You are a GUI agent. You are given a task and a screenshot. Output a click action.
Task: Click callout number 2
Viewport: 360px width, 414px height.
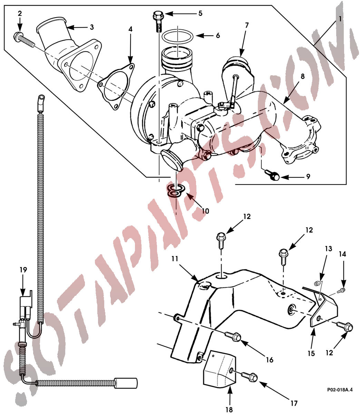click(20, 14)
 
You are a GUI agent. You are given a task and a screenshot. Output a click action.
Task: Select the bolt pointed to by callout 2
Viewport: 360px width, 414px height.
click(24, 40)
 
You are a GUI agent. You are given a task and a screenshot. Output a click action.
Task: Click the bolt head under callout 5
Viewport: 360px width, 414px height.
click(157, 16)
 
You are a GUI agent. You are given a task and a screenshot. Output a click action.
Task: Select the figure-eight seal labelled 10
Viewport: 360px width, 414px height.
click(175, 191)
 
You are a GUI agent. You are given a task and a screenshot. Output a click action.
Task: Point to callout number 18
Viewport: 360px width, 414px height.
click(228, 409)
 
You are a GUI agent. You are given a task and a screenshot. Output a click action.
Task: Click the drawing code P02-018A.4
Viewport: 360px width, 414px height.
click(340, 390)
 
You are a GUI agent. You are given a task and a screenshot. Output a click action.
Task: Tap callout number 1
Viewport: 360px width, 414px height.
click(340, 19)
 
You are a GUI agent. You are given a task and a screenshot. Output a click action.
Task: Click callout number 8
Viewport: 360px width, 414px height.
click(302, 76)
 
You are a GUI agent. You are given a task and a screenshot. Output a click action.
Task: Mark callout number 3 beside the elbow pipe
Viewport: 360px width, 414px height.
click(91, 27)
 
